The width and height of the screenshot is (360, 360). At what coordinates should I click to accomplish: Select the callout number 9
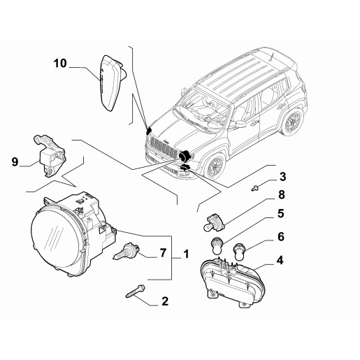point(14,164)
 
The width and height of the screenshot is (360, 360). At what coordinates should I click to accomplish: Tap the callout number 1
point(185,253)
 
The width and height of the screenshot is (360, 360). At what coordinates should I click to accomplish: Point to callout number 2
point(164,301)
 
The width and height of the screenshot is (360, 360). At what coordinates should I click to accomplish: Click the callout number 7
point(164,253)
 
